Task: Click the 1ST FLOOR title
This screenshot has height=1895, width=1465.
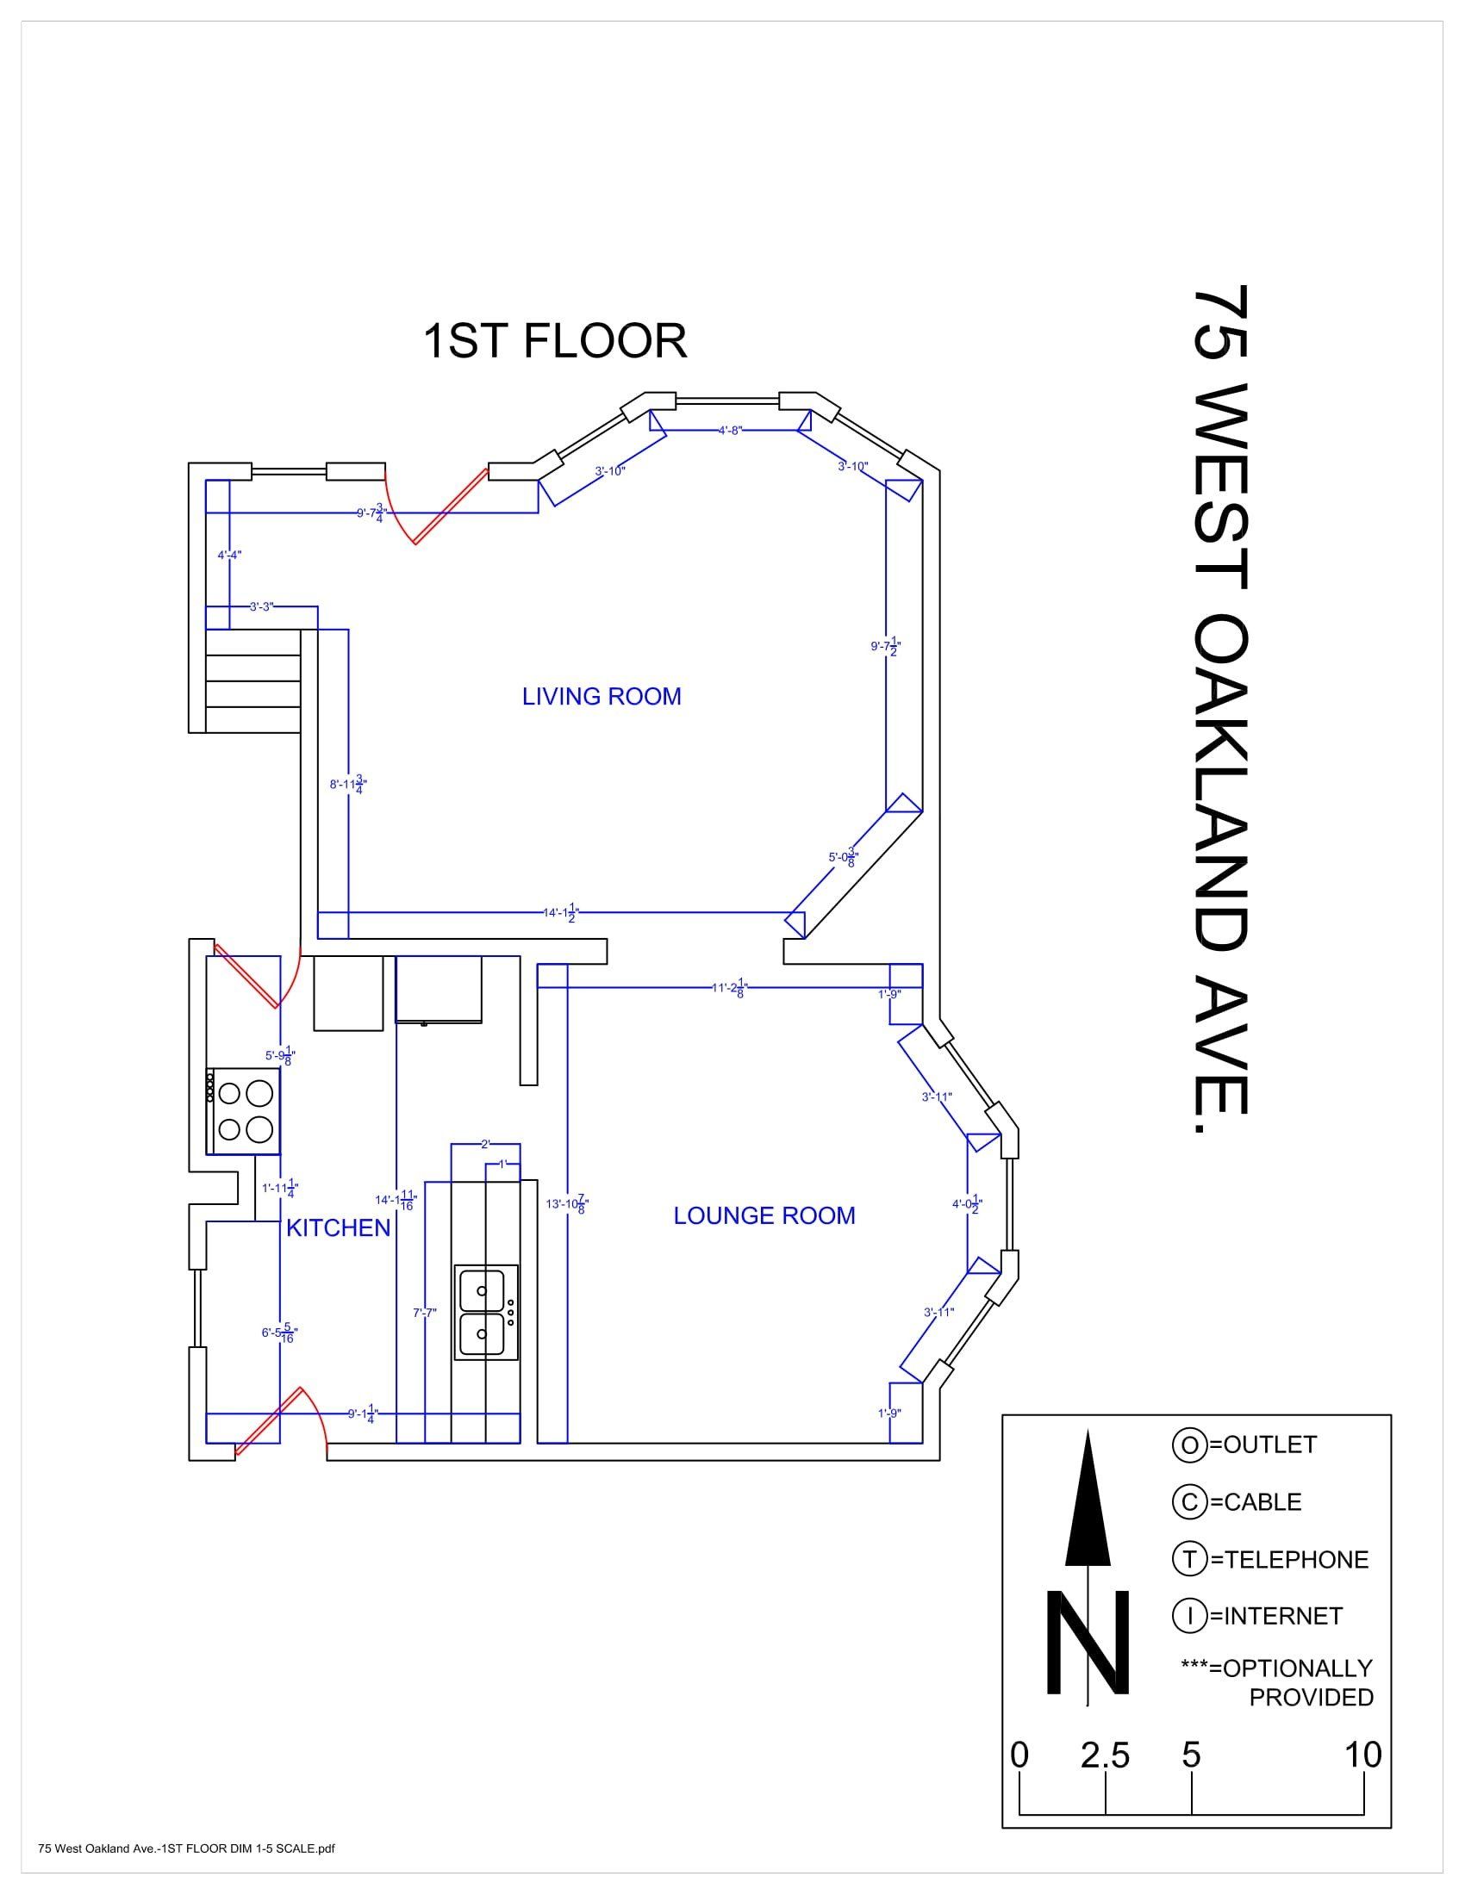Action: (x=555, y=341)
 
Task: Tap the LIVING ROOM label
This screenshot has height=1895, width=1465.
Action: (x=602, y=697)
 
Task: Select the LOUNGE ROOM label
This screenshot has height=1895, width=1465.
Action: (x=764, y=1215)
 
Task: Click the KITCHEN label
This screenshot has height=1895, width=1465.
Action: (x=338, y=1227)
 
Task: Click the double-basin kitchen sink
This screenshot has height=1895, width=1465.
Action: (x=486, y=1312)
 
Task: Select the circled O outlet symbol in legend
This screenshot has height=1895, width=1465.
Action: (x=1188, y=1445)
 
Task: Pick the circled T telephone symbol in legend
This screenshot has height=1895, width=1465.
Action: (x=1189, y=1559)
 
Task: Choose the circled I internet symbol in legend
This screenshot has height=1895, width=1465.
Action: (x=1188, y=1616)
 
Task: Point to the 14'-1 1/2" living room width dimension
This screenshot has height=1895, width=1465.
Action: (x=561, y=913)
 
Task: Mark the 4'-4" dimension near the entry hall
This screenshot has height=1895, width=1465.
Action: (x=229, y=556)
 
